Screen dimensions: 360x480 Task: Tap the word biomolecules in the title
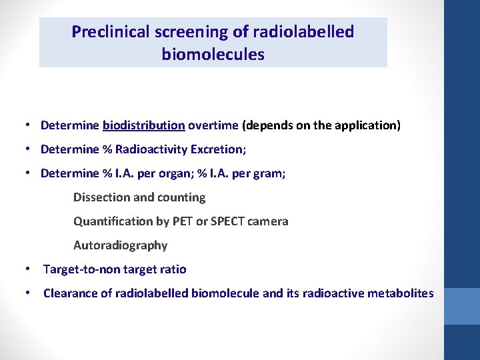pyautogui.click(x=213, y=55)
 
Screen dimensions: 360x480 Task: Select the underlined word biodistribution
pyautogui.click(x=144, y=125)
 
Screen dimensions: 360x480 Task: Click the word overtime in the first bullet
pyautogui.click(x=213, y=125)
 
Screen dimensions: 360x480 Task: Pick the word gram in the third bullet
pyautogui.click(x=271, y=173)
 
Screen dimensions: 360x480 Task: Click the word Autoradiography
pyautogui.click(x=120, y=245)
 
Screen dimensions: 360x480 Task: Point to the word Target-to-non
pyautogui.click(x=81, y=269)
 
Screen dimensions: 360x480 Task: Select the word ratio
pyautogui.click(x=173, y=269)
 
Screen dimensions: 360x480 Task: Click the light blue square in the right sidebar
pyautogui.click(x=461, y=306)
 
